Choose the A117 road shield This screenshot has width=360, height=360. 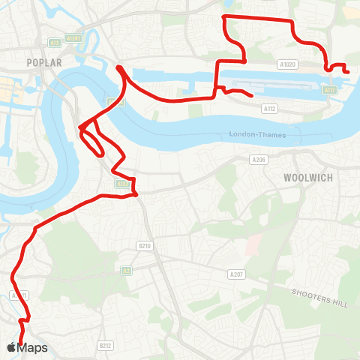328,90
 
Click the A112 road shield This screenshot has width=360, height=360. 269,109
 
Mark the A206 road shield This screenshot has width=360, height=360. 259,160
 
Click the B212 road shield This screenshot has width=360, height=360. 105,346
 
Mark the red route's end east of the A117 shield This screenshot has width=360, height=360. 349,71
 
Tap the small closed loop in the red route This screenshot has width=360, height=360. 92,141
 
